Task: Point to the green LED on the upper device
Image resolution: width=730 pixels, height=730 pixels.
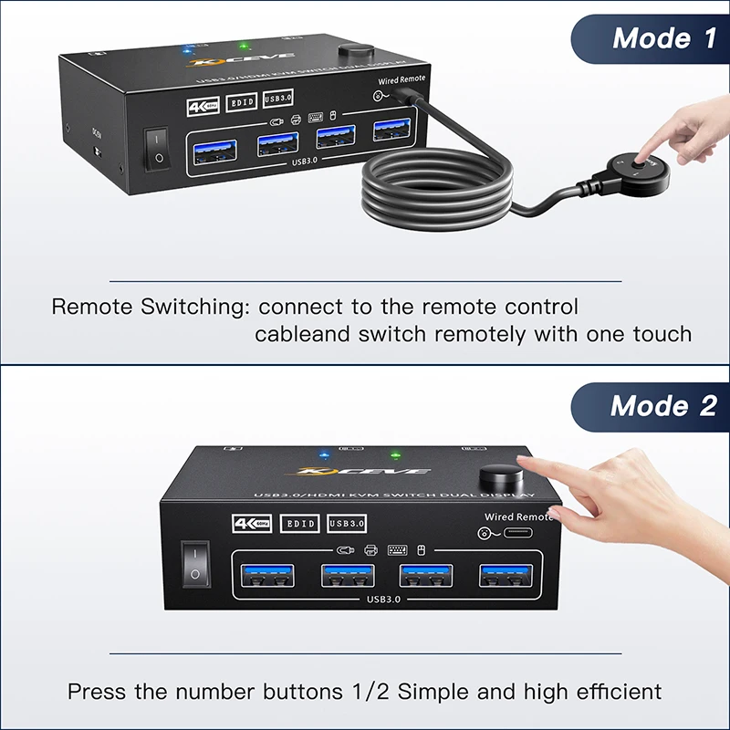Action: [245, 45]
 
